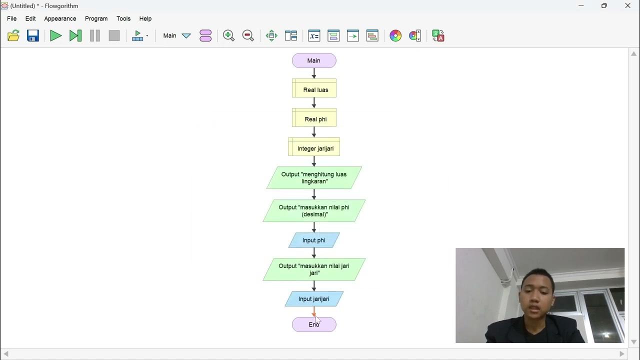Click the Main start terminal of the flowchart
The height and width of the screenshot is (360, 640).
click(314, 60)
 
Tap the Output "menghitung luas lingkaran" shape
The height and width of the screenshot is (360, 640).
click(314, 178)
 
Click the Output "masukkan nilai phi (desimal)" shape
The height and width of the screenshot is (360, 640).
click(314, 211)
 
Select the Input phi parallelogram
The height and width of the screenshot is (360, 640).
click(314, 240)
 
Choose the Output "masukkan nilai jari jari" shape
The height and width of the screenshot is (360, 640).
click(314, 269)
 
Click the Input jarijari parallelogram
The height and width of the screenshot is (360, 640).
click(314, 299)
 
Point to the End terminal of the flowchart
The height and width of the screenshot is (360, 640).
click(314, 324)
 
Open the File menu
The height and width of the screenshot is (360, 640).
click(11, 18)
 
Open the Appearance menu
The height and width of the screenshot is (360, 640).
click(60, 18)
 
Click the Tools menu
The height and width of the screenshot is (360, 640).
click(123, 18)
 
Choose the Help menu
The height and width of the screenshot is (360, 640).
click(145, 18)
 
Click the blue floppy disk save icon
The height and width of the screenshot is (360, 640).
click(33, 35)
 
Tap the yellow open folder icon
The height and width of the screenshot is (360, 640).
click(13, 35)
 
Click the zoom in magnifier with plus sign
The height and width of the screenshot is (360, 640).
click(228, 35)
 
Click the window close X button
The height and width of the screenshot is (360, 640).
click(627, 6)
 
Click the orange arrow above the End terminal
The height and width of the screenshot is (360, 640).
click(314, 312)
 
